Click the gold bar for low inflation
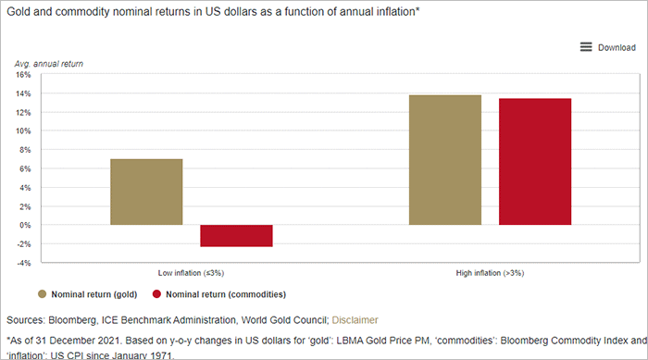click(x=146, y=192)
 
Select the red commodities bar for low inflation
click(x=236, y=235)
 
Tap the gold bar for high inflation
click(x=445, y=160)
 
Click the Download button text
click(x=616, y=47)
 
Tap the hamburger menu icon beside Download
click(x=586, y=47)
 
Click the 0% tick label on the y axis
click(x=24, y=225)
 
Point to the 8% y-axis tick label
click(x=24, y=150)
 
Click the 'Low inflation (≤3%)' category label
click(x=192, y=273)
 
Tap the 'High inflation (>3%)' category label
click(x=490, y=273)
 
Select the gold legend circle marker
click(x=43, y=294)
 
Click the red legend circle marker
click(x=156, y=294)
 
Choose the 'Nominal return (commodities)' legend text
click(x=227, y=294)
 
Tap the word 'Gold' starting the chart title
click(x=17, y=11)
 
